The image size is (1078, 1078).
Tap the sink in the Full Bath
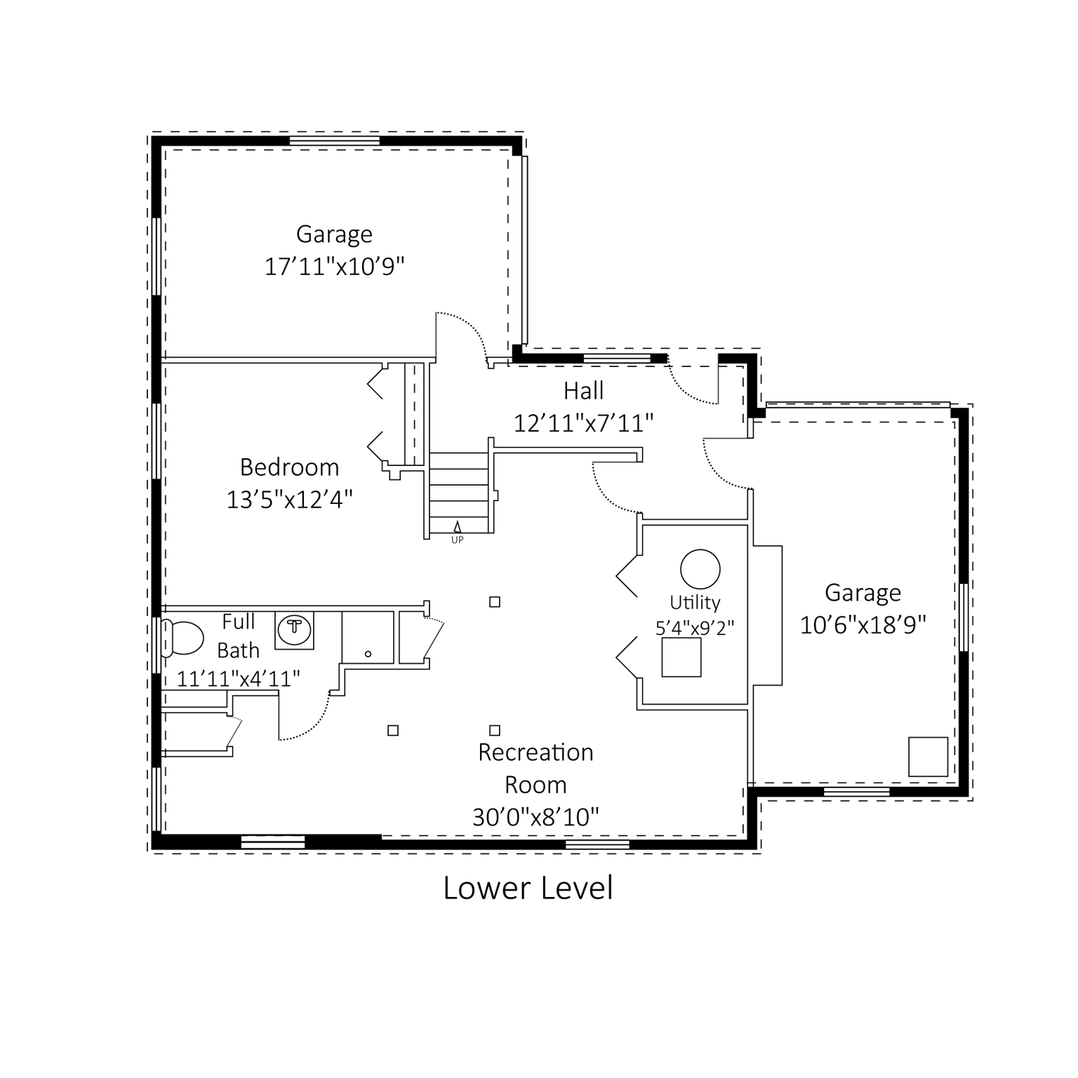295,628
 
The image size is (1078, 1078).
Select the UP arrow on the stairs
458,526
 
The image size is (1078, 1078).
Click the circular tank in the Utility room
700,568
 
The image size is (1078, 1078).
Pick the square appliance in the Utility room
681,658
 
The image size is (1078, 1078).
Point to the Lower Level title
528,888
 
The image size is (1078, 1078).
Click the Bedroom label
289,467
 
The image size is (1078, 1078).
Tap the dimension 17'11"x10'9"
335,267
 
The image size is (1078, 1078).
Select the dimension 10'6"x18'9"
863,625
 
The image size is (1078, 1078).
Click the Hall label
583,391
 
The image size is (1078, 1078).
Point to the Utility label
695,603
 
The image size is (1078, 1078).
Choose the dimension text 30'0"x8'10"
535,818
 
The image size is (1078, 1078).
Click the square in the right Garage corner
928,757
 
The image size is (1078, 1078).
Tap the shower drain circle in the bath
368,654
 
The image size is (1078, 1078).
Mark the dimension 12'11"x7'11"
584,424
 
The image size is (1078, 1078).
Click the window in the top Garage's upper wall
335,141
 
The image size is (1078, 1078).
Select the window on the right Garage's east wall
964,618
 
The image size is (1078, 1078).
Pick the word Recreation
535,753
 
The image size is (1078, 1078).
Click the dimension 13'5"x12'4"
289,500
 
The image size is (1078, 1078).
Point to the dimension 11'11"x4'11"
239,679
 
